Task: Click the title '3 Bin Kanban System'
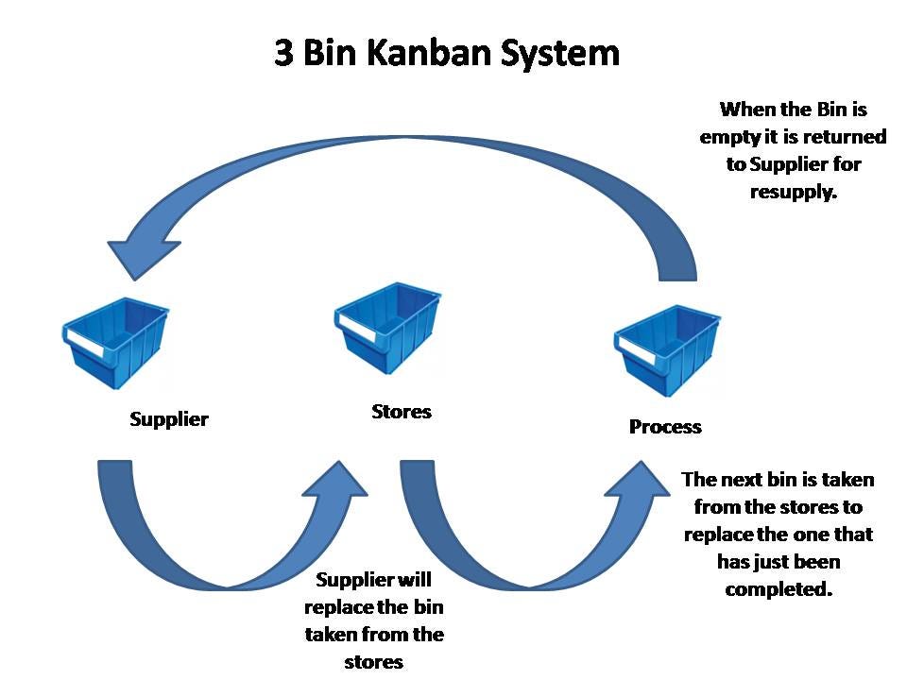(x=447, y=52)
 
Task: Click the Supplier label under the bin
(x=168, y=418)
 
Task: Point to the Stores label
(x=401, y=412)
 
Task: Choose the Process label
(x=665, y=427)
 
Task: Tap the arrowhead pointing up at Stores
(x=337, y=481)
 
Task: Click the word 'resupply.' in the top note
(x=794, y=191)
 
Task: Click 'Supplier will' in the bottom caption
(x=374, y=580)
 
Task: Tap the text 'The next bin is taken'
(x=778, y=480)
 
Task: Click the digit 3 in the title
(x=283, y=52)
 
